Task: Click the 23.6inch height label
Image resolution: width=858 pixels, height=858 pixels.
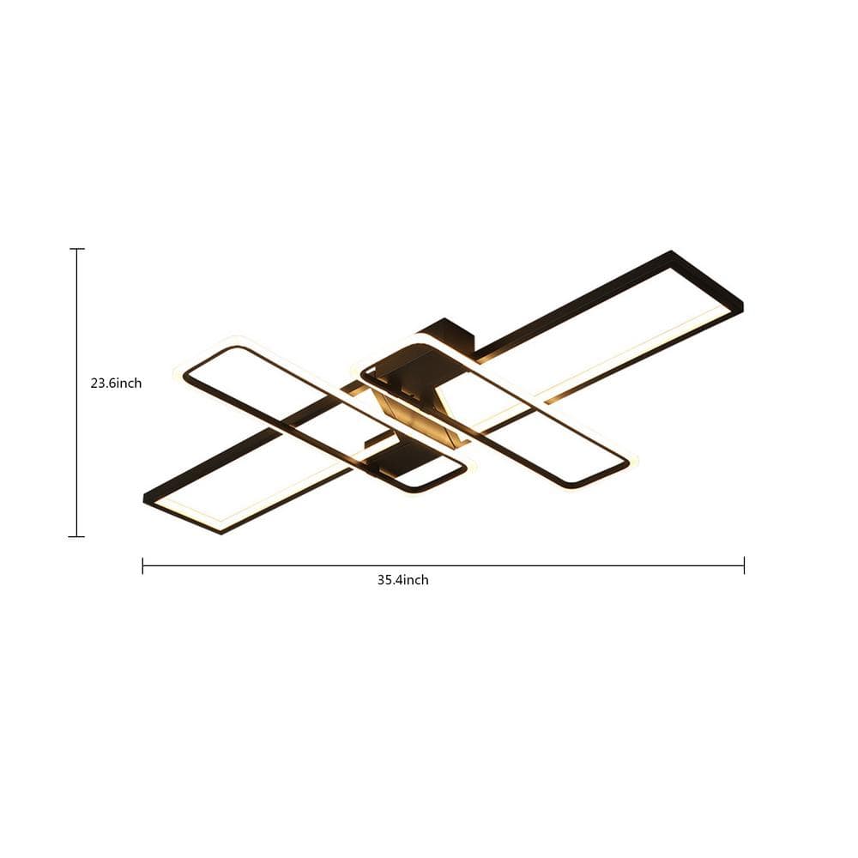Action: [116, 384]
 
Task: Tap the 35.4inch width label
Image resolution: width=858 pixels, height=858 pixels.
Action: [402, 580]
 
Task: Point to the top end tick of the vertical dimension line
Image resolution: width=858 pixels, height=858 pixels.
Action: [77, 249]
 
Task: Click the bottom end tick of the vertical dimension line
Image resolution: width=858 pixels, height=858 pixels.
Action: [77, 536]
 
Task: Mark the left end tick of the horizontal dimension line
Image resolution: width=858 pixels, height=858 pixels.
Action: [142, 565]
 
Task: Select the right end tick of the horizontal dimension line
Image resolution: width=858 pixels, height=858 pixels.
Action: [744, 565]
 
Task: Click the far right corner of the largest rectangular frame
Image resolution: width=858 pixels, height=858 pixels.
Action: [741, 304]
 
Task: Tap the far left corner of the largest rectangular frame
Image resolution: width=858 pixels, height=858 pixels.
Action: [145, 497]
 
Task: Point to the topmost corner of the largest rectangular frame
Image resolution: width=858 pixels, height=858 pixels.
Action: [672, 252]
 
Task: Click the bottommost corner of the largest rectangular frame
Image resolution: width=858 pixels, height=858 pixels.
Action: [221, 532]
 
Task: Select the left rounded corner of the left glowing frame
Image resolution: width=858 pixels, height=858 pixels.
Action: [181, 372]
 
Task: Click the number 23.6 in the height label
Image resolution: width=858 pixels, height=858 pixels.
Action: [102, 384]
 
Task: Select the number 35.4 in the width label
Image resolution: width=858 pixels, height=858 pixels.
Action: [390, 580]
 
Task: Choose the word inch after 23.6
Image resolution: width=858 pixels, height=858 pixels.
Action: [129, 384]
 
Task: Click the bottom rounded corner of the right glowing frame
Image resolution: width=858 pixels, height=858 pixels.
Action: [575, 487]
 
